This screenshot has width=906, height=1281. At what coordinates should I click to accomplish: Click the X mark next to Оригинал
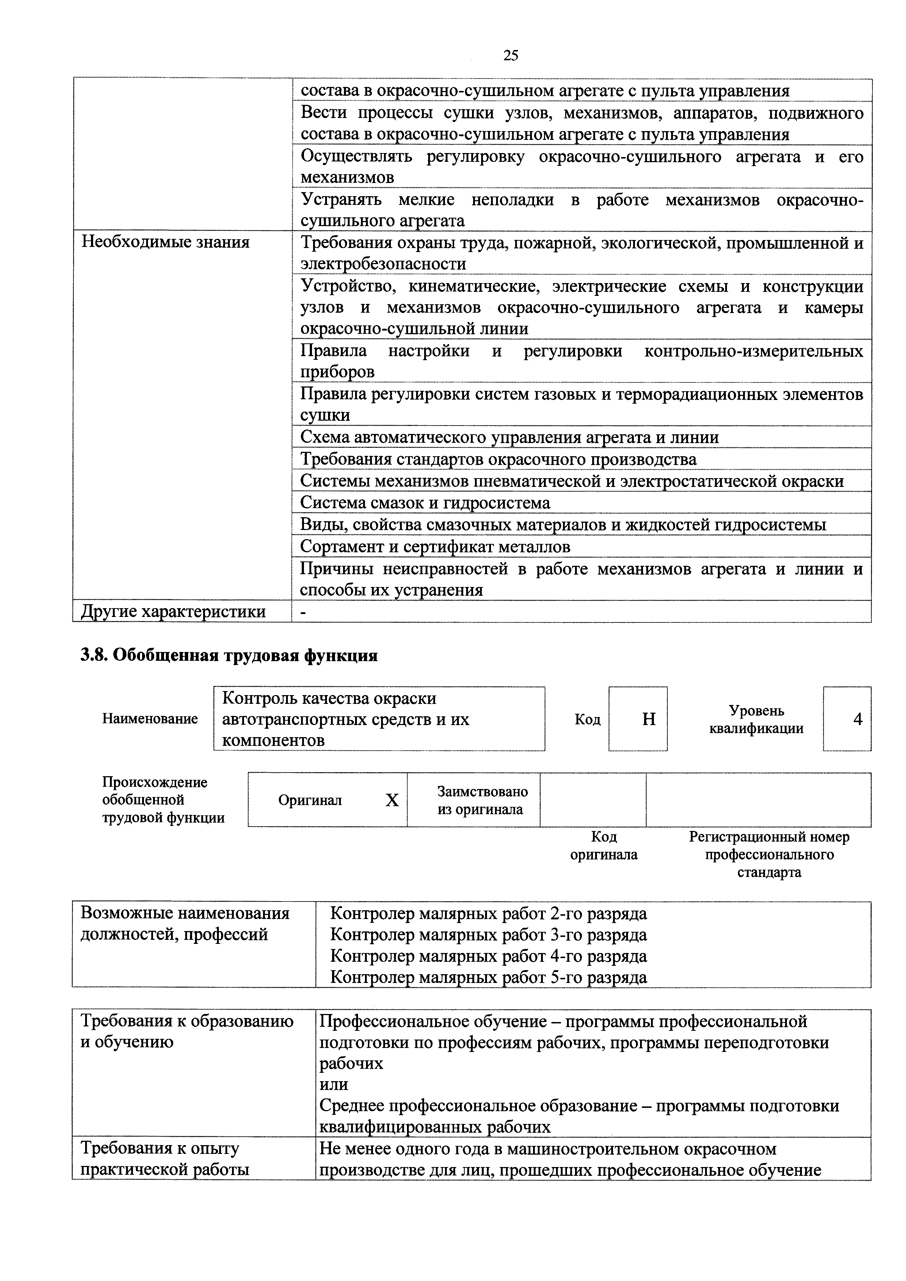pyautogui.click(x=392, y=801)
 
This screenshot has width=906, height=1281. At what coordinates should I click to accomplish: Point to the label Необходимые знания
pyautogui.click(x=166, y=242)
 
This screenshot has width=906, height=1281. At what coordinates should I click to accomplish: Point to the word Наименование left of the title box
pyautogui.click(x=149, y=719)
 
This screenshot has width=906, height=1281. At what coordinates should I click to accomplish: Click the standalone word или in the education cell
pyautogui.click(x=334, y=1084)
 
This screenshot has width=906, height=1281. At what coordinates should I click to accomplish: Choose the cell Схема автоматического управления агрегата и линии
pyautogui.click(x=509, y=438)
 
